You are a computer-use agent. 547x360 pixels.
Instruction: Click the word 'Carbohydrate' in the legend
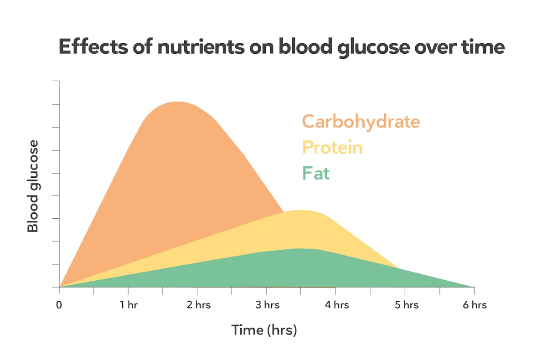(x=361, y=122)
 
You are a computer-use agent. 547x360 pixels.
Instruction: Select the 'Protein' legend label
(x=332, y=148)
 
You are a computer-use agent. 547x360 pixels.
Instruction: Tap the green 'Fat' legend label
(x=315, y=174)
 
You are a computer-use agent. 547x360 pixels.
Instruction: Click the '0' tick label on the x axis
(x=59, y=305)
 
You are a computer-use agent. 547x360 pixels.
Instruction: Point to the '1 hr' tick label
(x=129, y=305)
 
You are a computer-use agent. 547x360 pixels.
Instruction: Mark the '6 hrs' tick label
(x=474, y=305)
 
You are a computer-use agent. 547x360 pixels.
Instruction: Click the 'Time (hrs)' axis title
(x=264, y=329)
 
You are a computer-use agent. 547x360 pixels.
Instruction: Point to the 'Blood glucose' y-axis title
(x=33, y=186)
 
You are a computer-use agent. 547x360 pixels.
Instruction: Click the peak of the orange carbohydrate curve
(x=177, y=102)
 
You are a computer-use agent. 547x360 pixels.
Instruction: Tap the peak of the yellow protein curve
(x=299, y=210)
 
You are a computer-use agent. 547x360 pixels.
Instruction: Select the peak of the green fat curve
(x=299, y=249)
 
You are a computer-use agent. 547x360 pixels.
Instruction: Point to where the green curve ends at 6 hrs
(x=473, y=287)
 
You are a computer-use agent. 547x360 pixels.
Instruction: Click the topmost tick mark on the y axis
(x=56, y=81)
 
